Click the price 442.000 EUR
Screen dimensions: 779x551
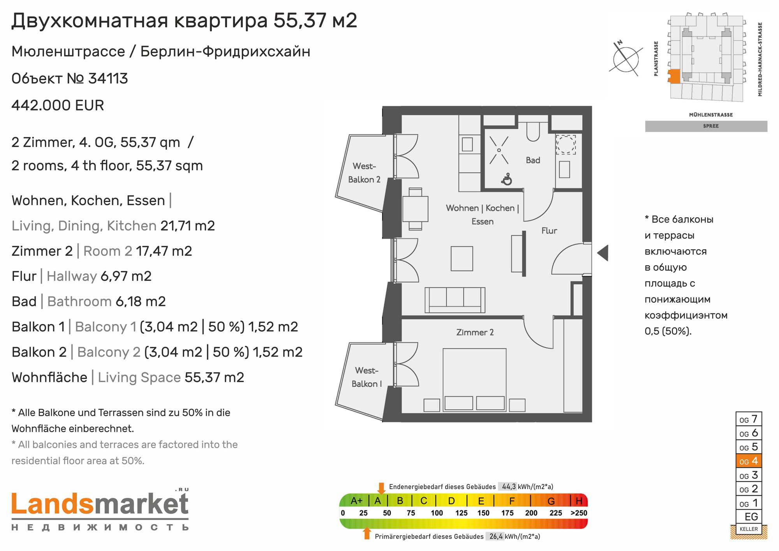point(58,106)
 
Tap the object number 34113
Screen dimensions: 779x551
point(108,79)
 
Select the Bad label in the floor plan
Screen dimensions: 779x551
point(533,160)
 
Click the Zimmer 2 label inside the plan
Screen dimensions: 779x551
point(475,332)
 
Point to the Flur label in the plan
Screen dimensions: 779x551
point(549,231)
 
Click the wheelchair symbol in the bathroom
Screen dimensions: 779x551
point(507,179)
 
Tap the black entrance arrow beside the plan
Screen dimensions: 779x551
point(603,253)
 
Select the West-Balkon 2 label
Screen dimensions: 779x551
point(364,173)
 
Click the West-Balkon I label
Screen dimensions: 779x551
point(367,377)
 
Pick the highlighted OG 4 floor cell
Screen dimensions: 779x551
point(749,461)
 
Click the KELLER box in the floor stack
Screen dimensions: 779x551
point(749,529)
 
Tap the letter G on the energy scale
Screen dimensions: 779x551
point(551,501)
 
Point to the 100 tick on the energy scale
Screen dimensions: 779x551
point(437,513)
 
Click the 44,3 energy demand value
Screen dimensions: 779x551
point(509,486)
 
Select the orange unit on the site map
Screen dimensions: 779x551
point(674,76)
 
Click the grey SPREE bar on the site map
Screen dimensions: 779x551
point(706,126)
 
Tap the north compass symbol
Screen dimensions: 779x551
point(626,59)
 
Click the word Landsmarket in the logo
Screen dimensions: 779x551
point(100,504)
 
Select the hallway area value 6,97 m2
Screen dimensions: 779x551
point(126,276)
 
